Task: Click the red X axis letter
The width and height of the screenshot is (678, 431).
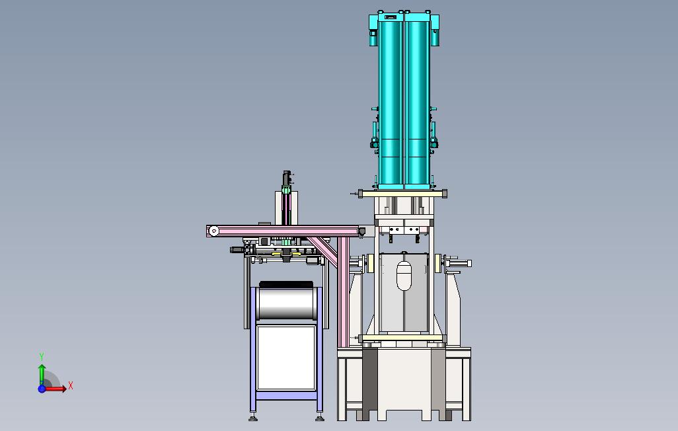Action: (x=71, y=385)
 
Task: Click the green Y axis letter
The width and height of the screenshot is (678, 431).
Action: (x=42, y=356)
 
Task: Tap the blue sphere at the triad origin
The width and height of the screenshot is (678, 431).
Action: (x=42, y=389)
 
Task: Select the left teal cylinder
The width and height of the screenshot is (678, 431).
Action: (x=391, y=104)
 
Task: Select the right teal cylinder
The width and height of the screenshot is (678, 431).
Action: (x=417, y=104)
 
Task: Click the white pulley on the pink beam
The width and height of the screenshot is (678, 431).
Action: (x=213, y=231)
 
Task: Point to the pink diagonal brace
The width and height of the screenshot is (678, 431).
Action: (x=323, y=251)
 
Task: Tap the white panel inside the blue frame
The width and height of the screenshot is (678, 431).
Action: (x=286, y=358)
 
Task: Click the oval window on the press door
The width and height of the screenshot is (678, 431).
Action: (x=404, y=276)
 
